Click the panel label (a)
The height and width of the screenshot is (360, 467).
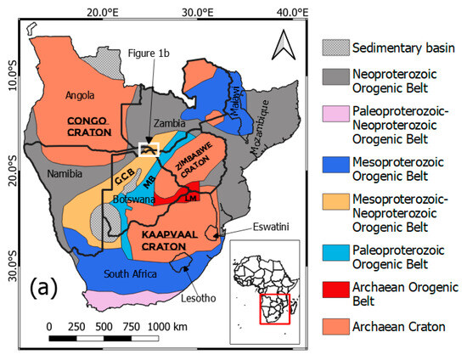pyautogui.click(x=43, y=288)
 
